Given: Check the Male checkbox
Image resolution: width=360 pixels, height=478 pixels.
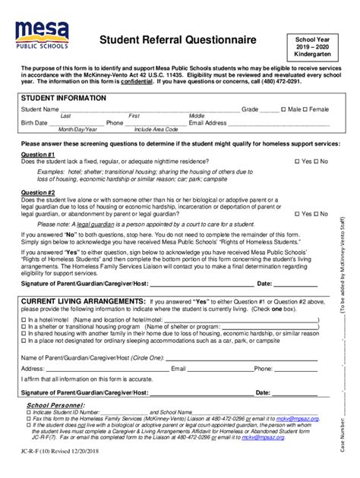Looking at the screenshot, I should (x=283, y=109).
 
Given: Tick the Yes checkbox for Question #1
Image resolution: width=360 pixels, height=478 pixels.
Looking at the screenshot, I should (x=297, y=162).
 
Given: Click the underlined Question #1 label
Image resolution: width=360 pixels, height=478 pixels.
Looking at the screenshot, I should (x=38, y=154).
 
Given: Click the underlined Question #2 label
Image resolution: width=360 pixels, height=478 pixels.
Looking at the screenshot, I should (x=38, y=193).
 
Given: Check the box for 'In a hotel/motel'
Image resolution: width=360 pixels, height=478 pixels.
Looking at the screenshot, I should (x=24, y=299).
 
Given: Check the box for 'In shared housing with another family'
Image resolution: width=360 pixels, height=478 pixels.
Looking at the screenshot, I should (x=24, y=311).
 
